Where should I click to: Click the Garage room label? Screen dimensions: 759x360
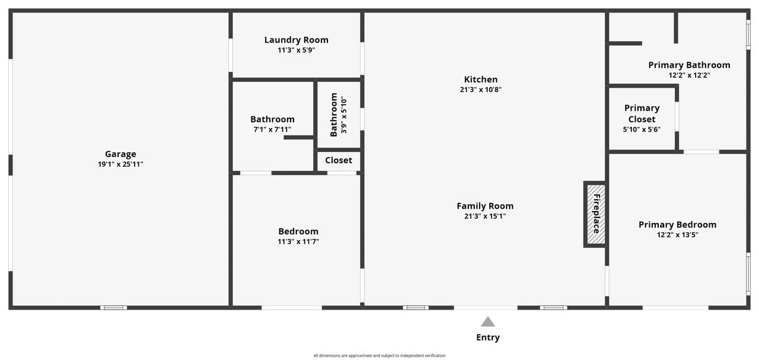[x=120, y=154]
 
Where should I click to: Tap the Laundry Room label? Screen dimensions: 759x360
[x=296, y=40]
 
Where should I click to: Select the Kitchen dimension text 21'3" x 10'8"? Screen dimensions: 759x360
[x=480, y=90]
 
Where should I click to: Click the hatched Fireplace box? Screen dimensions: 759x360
[x=596, y=214]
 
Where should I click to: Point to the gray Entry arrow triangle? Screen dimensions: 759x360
[x=487, y=321]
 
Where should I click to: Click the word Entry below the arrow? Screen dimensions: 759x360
[x=487, y=337]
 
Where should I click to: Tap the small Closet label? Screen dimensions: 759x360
[x=339, y=160]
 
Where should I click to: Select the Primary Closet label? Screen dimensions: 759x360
[x=642, y=113]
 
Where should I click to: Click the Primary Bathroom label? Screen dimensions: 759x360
[x=689, y=65]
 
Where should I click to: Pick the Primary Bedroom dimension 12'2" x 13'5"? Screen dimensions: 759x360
[x=677, y=235]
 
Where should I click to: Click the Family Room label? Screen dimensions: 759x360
[x=485, y=206]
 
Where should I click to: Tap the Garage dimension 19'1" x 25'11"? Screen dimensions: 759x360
[x=120, y=164]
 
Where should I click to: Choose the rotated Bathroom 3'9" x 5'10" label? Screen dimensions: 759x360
[x=338, y=114]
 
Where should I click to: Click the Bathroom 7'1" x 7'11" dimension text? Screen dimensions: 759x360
[x=272, y=129]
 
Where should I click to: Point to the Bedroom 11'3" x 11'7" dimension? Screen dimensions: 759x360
[x=298, y=241]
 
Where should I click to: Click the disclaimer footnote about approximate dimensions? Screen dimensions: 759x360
[x=379, y=356]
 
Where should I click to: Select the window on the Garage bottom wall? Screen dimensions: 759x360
[x=113, y=308]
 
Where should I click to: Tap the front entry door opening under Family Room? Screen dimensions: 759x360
[x=486, y=308]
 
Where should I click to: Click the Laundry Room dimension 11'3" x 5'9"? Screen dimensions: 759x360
[x=296, y=50]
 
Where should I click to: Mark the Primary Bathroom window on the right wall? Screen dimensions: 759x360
[x=748, y=34]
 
